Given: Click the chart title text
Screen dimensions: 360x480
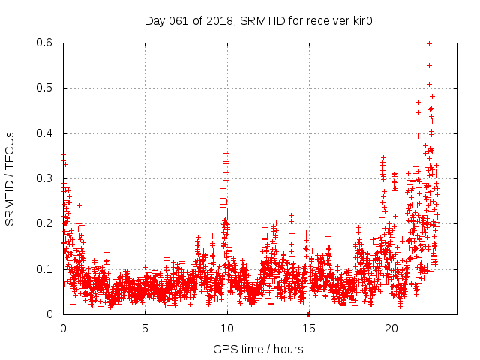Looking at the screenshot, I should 259,21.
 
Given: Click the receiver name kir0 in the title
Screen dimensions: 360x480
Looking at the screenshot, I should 361,21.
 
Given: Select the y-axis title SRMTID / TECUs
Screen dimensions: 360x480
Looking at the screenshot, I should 10,178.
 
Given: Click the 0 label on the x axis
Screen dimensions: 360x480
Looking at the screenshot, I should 63,328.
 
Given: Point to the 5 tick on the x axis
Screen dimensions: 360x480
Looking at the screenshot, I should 145,328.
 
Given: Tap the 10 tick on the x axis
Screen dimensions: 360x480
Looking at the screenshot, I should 226,328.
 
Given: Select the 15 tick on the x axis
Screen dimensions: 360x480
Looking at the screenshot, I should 308,328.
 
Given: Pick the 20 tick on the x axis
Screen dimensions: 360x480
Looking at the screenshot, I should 391,328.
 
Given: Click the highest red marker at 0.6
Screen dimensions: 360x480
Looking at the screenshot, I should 429,43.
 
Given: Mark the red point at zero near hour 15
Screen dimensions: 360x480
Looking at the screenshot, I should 308,313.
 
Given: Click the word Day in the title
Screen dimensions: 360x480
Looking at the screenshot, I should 154,21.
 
